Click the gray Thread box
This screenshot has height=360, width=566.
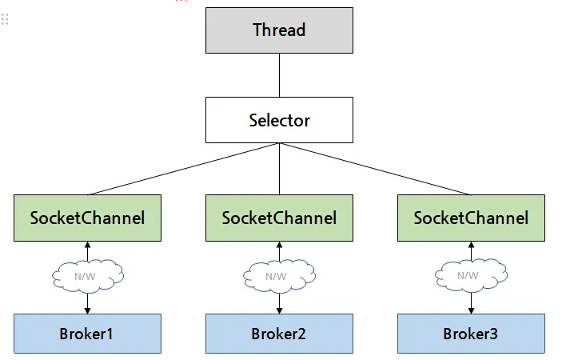pyautogui.click(x=279, y=30)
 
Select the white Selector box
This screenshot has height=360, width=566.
pyautogui.click(x=279, y=120)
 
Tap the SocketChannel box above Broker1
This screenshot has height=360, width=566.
pyautogui.click(x=87, y=218)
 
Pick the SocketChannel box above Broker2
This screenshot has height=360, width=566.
pyautogui.click(x=279, y=218)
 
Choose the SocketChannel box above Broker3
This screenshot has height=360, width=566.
pyautogui.click(x=471, y=218)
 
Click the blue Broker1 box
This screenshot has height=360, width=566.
pyautogui.click(x=87, y=334)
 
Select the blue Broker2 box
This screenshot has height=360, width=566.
pyautogui.click(x=279, y=334)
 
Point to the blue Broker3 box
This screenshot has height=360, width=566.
pyautogui.click(x=471, y=334)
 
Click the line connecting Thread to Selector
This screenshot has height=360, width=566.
pyautogui.click(x=279, y=75)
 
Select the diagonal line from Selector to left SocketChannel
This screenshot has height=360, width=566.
pyautogui.click(x=183, y=169)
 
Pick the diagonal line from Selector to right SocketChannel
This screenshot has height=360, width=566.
pyautogui.click(x=376, y=169)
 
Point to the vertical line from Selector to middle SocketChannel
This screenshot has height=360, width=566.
pyautogui.click(x=279, y=169)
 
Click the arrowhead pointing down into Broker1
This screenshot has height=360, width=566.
pyautogui.click(x=87, y=310)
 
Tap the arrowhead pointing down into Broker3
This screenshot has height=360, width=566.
pyautogui.click(x=471, y=310)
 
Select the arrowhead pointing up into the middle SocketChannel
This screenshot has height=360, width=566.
pyautogui.click(x=279, y=245)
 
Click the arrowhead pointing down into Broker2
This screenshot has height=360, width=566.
pyautogui.click(x=279, y=310)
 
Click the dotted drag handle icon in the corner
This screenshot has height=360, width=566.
pyautogui.click(x=5, y=19)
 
